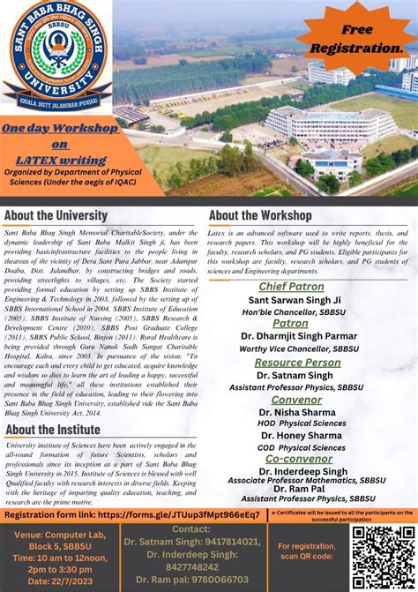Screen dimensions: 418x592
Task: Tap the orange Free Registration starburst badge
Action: click(x=357, y=39)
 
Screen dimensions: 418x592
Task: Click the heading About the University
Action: click(x=56, y=215)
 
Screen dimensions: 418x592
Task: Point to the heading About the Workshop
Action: click(x=260, y=215)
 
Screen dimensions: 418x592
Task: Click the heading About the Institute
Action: click(x=53, y=430)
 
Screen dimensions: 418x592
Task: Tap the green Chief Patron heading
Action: click(x=291, y=287)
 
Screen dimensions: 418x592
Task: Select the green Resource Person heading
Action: click(x=297, y=363)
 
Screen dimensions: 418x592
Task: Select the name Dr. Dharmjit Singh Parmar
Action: click(x=298, y=336)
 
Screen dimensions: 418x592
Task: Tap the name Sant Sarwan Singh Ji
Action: click(x=294, y=300)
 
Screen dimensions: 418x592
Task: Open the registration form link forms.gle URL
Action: click(x=178, y=513)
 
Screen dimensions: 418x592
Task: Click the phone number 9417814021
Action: click(x=228, y=541)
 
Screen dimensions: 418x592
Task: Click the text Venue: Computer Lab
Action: click(x=55, y=534)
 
